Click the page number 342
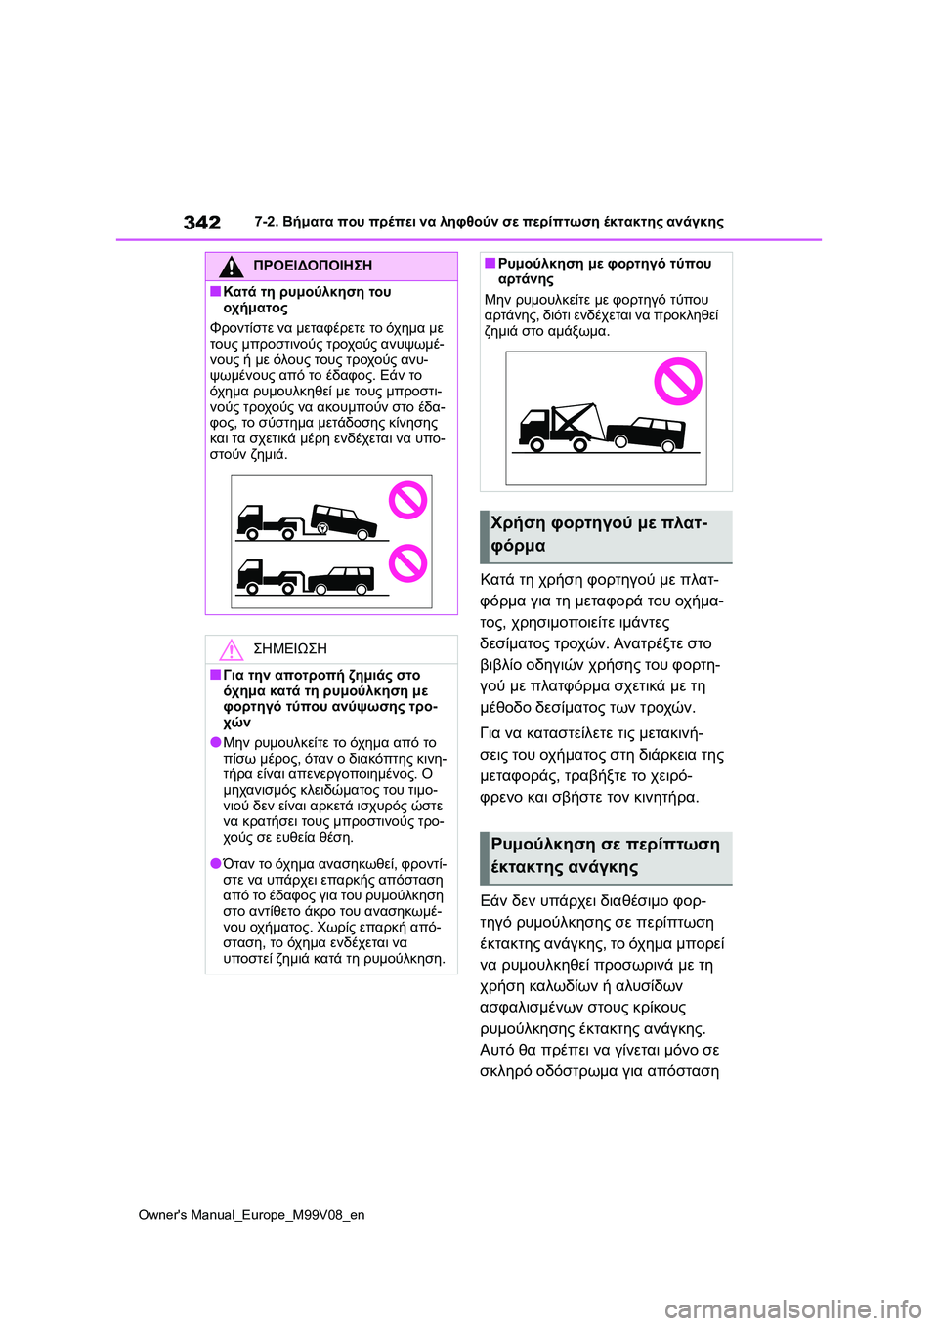point(202,223)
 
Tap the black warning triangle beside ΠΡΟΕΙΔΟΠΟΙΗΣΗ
point(231,266)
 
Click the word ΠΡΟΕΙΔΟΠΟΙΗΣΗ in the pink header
point(312,266)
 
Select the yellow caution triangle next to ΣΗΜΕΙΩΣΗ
point(231,649)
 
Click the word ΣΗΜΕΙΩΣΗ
point(289,649)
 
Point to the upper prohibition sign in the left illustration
point(408,501)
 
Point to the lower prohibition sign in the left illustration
point(408,563)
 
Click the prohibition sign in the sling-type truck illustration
point(677,382)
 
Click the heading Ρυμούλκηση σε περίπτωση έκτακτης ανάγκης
point(606,856)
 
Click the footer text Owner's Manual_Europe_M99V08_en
point(251,1215)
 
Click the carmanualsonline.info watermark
point(792,1308)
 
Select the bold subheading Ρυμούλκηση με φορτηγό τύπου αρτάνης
point(604,271)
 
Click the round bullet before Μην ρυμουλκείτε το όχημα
point(215,743)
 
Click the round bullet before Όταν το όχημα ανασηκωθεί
point(215,864)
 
